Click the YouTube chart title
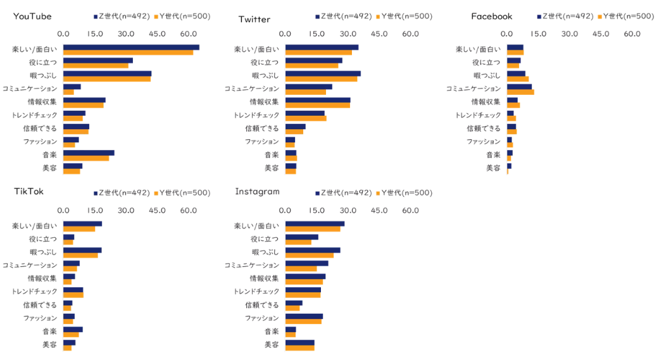click(x=32, y=16)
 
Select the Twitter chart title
click(x=254, y=19)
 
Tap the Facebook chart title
click(x=492, y=16)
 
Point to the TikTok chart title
click(x=28, y=192)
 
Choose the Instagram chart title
click(x=257, y=191)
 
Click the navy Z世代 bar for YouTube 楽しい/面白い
click(x=131, y=47)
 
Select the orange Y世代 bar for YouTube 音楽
click(x=86, y=158)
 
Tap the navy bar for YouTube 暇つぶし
click(x=107, y=73)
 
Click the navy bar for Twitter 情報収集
click(x=318, y=100)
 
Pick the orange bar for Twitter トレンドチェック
click(x=306, y=118)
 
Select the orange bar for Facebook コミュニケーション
click(x=520, y=92)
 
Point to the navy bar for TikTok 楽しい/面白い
click(x=82, y=223)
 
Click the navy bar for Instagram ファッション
click(x=304, y=316)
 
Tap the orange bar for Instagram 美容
click(x=299, y=347)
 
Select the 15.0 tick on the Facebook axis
click(x=538, y=34)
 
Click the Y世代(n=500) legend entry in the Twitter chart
click(x=405, y=16)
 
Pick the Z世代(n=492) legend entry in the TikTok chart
click(x=120, y=193)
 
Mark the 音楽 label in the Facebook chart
click(x=493, y=154)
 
